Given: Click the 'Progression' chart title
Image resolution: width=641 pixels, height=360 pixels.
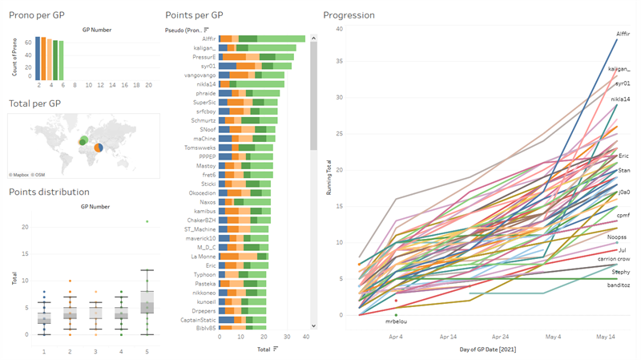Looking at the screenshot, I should (349, 15).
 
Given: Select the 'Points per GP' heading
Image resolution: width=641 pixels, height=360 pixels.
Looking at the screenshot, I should (194, 15).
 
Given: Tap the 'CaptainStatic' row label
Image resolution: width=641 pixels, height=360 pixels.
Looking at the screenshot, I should (196, 319).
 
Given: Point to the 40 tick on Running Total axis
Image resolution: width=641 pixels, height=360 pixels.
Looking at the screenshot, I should (340, 30).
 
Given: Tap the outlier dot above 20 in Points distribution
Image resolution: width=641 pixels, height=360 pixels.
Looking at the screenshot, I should (147, 221).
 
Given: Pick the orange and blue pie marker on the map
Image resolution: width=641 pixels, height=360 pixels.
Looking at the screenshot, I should (98, 148).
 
